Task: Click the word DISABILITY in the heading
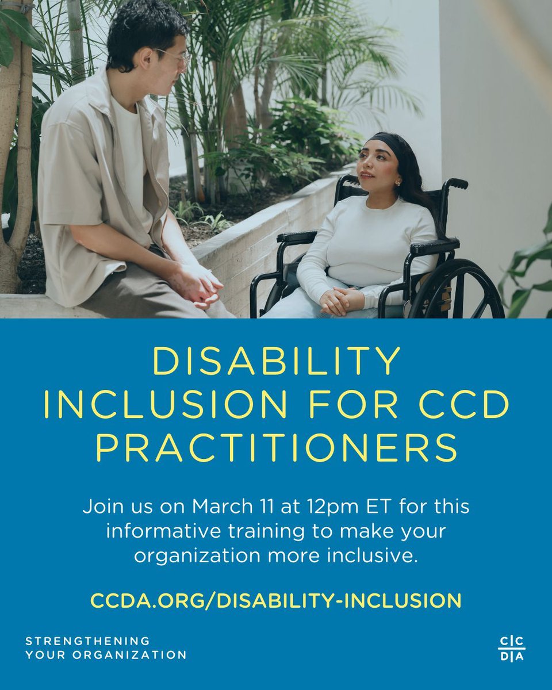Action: (x=276, y=362)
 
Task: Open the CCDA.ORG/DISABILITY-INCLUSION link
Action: (x=276, y=600)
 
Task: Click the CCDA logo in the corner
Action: (x=511, y=649)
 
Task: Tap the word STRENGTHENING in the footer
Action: (x=87, y=641)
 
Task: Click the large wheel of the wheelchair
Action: (x=460, y=290)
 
